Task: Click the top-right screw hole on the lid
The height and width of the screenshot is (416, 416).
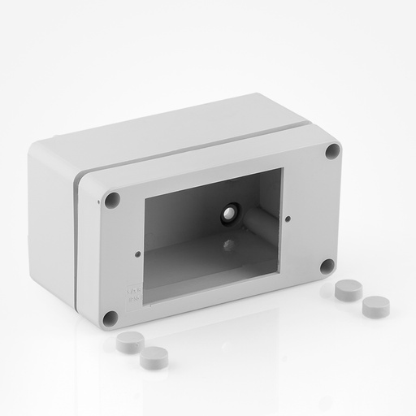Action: pyautogui.click(x=332, y=150)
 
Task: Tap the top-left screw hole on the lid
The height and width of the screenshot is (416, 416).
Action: pyautogui.click(x=113, y=199)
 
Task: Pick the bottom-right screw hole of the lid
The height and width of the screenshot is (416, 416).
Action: pyautogui.click(x=327, y=266)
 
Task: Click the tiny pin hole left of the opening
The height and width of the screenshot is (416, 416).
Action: pyautogui.click(x=137, y=253)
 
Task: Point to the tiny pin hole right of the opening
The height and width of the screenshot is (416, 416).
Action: pyautogui.click(x=289, y=218)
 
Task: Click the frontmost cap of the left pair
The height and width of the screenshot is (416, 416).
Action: pyautogui.click(x=152, y=357)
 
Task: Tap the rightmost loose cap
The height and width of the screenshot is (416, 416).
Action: pyautogui.click(x=375, y=305)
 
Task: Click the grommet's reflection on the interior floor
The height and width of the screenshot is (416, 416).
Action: pyautogui.click(x=230, y=244)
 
